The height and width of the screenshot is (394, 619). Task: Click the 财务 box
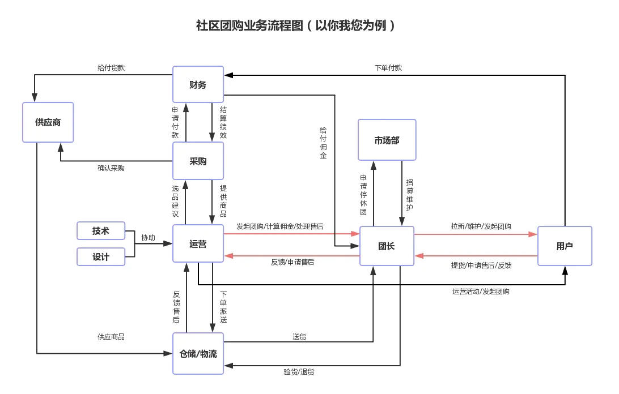(x=198, y=85)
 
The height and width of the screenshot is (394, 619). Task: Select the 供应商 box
(x=48, y=122)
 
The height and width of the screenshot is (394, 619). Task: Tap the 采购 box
(x=198, y=161)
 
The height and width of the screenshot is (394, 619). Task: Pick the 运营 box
(x=198, y=244)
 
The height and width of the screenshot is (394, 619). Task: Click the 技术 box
(x=101, y=230)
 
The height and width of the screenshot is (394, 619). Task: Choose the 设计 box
(x=101, y=256)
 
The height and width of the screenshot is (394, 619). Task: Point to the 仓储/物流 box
(x=198, y=353)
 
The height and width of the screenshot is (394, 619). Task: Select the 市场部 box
(x=387, y=140)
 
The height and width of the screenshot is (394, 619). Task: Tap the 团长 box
(x=387, y=246)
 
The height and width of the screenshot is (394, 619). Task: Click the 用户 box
(x=565, y=246)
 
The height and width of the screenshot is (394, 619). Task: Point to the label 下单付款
(x=389, y=68)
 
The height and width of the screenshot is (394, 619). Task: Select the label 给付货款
(x=111, y=67)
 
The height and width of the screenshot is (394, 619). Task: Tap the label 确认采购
(x=111, y=168)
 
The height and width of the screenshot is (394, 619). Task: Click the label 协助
(x=148, y=238)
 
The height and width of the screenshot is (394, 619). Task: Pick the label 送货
(x=300, y=336)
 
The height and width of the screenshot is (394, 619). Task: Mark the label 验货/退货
(x=299, y=372)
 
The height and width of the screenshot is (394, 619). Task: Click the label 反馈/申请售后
(x=292, y=262)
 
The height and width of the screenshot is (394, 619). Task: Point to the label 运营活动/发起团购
(x=481, y=292)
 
